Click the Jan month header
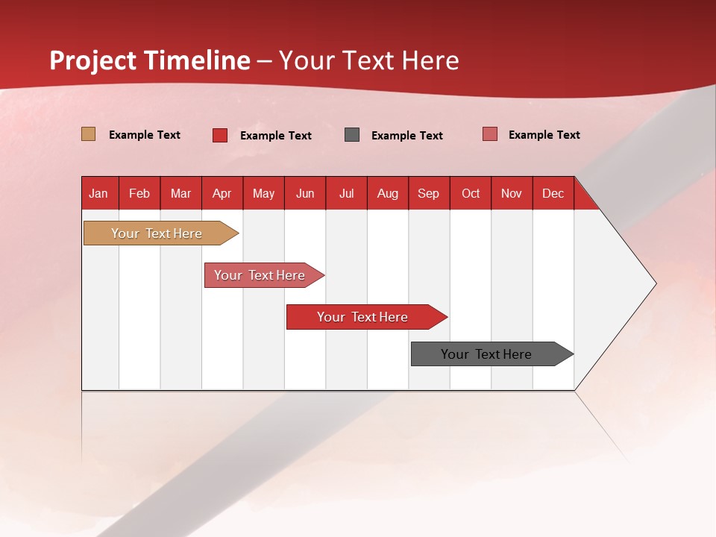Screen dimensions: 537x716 98,193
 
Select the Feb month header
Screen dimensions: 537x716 139,193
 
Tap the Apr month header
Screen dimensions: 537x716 222,193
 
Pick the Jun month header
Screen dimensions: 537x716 305,193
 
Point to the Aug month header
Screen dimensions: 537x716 387,193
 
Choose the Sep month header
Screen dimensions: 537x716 428,193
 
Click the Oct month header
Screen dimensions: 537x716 471,193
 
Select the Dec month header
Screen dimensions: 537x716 553,193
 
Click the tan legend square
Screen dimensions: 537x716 89,134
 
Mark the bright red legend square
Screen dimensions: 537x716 220,135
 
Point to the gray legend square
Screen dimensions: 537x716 352,135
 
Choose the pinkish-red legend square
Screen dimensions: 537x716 490,134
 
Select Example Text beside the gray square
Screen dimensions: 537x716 406,136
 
